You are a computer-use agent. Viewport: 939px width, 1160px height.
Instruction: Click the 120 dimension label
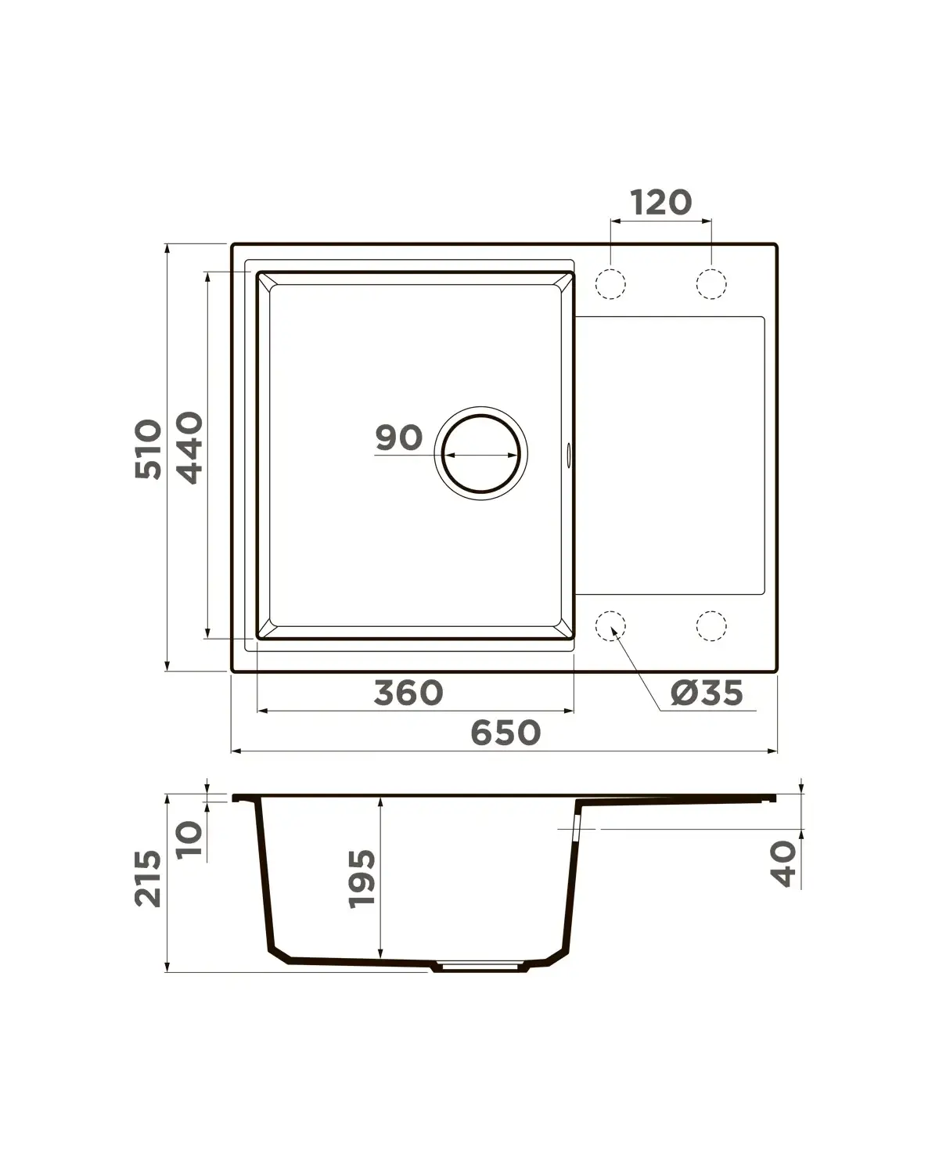pos(661,203)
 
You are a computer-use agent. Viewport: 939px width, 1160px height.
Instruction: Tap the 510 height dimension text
pos(149,449)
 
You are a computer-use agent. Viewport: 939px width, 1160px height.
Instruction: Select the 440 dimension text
pos(190,448)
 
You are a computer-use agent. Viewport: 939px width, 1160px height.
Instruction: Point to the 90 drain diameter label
pos(399,438)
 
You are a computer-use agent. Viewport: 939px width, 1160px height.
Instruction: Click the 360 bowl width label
pos(408,693)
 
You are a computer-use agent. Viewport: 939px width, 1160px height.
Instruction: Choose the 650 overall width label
pos(505,733)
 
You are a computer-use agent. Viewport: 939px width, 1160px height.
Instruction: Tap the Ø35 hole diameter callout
pos(707,693)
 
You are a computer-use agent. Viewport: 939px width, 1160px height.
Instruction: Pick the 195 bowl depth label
pos(362,879)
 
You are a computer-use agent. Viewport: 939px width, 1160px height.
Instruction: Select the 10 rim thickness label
pos(190,839)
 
